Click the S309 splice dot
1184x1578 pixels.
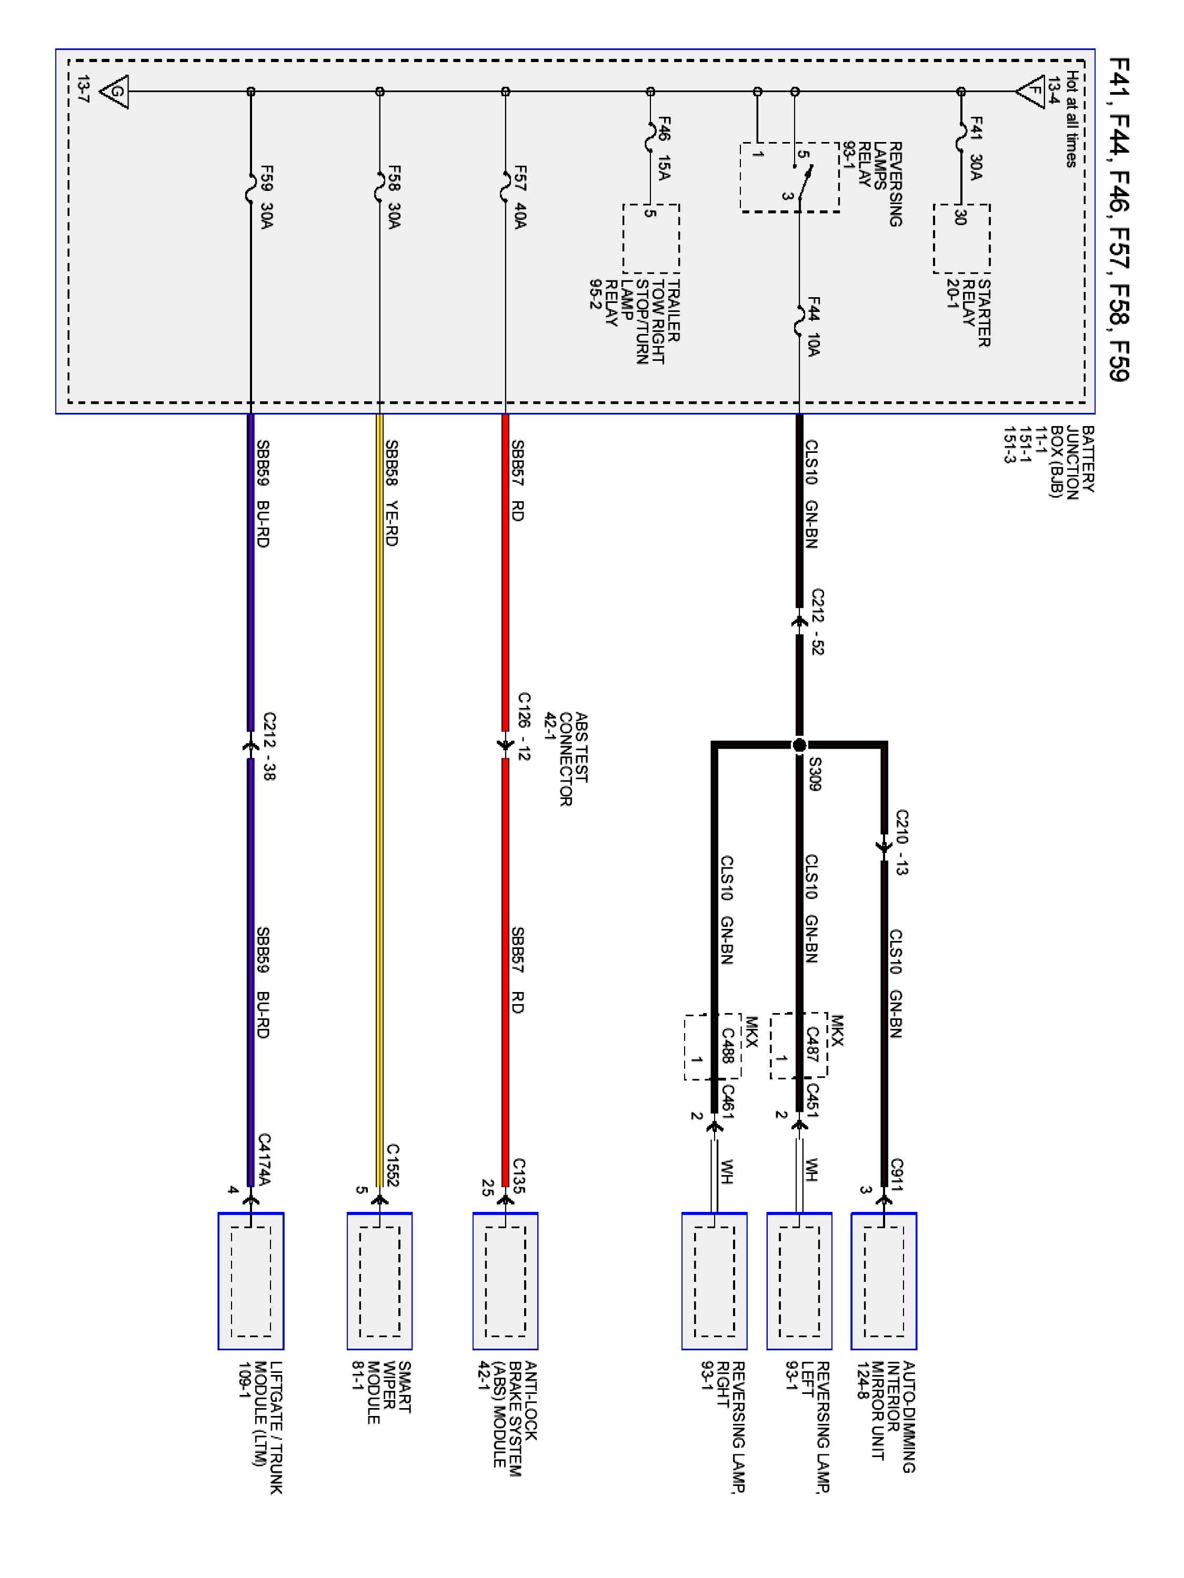[x=799, y=745]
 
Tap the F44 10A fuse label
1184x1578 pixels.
[x=814, y=327]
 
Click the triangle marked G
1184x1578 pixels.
[x=115, y=92]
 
